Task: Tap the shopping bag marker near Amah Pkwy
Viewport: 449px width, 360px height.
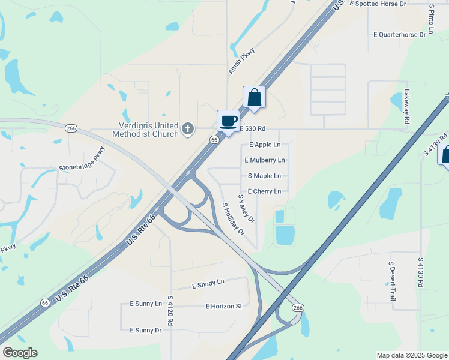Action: (x=254, y=98)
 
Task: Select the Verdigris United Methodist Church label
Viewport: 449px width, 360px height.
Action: (x=148, y=130)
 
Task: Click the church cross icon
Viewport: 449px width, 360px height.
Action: (x=188, y=129)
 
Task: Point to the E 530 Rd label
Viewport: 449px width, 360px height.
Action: (x=252, y=128)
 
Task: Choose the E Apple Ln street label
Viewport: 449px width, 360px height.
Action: (x=264, y=145)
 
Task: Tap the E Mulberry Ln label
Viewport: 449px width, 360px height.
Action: (x=265, y=160)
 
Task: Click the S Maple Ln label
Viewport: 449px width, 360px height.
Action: (x=264, y=176)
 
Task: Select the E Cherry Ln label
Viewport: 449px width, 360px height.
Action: (x=264, y=191)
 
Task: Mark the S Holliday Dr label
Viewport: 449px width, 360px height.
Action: (x=234, y=218)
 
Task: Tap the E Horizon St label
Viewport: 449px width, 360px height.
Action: (x=223, y=306)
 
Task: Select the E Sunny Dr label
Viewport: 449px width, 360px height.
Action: (x=142, y=330)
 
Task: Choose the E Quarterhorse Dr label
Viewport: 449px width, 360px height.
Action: (x=399, y=35)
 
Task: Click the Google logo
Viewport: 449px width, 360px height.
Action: (x=20, y=353)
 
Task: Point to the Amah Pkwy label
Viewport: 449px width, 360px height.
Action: (x=241, y=61)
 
